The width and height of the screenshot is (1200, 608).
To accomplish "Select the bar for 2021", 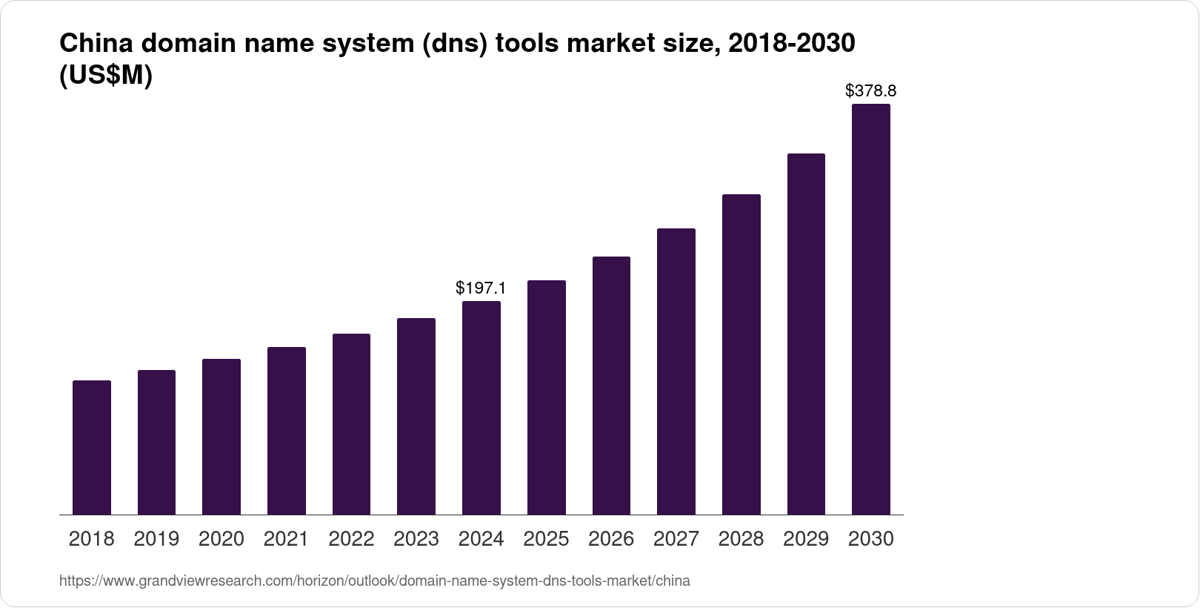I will (287, 431).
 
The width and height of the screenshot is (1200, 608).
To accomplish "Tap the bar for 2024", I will (481, 408).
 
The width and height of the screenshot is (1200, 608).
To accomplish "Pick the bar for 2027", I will (676, 371).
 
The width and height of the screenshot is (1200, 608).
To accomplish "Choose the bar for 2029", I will (806, 334).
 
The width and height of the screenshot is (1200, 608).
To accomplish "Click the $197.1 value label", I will (481, 288).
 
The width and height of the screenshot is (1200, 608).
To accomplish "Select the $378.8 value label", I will (870, 91).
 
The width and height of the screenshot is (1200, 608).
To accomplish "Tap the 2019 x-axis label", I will (156, 539).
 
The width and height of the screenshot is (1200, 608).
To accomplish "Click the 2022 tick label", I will (351, 539).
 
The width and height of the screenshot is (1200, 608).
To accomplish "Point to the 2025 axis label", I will (546, 539).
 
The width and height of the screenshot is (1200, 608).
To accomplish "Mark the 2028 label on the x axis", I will (741, 539).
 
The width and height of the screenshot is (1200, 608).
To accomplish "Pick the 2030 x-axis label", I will (870, 539).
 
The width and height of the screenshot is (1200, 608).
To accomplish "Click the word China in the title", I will (94, 44).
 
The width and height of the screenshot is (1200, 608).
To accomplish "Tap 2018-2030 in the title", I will (792, 44).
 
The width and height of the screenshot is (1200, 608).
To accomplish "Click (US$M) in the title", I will (105, 76).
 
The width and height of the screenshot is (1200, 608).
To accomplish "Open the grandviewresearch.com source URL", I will (374, 581).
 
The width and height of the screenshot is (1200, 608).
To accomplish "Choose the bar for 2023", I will (416, 416).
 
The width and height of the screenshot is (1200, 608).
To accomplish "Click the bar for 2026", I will (611, 386).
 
